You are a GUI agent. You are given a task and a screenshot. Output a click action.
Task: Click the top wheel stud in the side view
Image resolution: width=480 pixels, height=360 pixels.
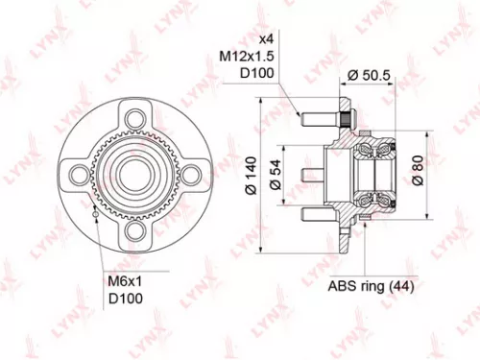(x=313, y=120)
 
